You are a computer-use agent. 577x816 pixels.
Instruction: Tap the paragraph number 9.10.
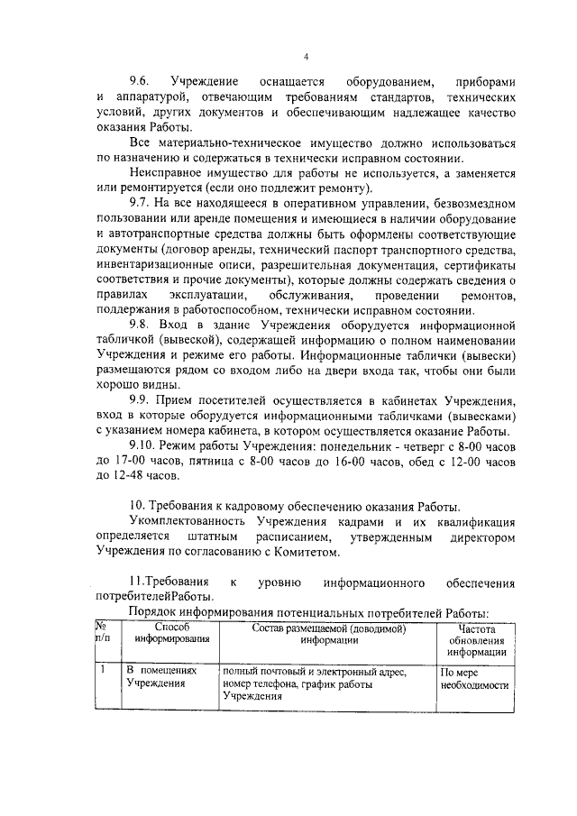[145, 448]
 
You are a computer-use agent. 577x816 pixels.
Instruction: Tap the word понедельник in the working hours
[343, 448]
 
